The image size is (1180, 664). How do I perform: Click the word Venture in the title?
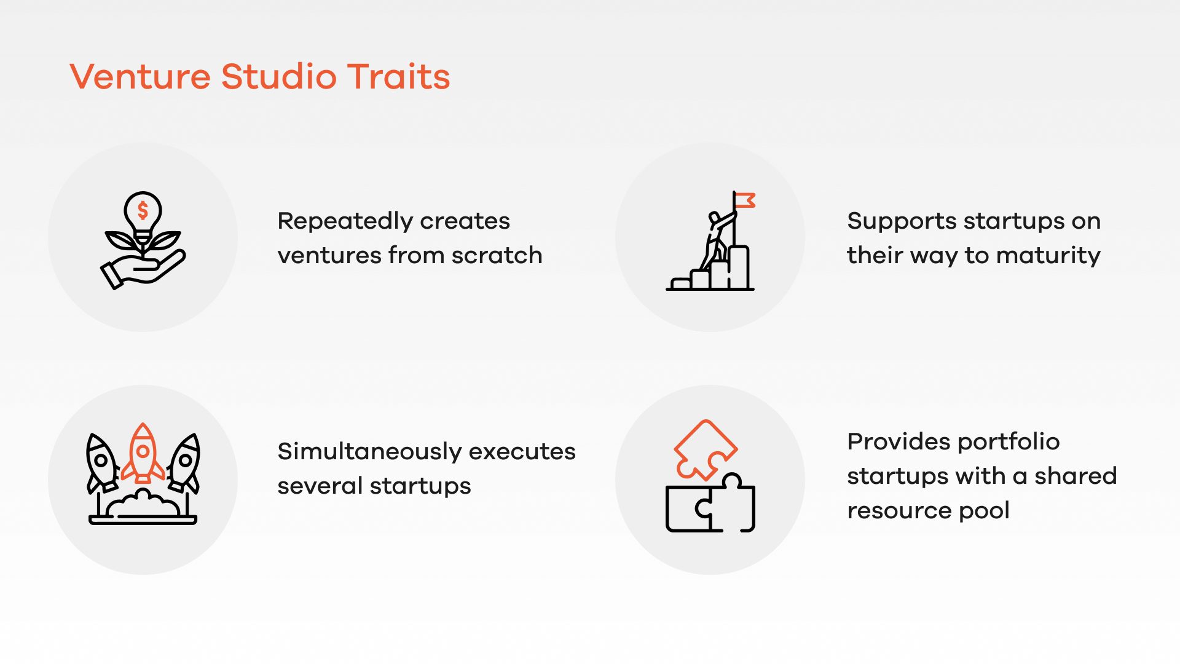point(140,77)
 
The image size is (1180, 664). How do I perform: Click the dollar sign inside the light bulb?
point(143,211)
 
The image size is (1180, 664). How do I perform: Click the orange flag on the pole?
point(745,200)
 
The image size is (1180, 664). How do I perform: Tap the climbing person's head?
point(714,218)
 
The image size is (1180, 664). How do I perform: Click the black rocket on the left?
point(101,462)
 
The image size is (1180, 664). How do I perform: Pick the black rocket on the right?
point(184,462)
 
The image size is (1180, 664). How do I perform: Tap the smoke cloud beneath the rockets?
point(143,504)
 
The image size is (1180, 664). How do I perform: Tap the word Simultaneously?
point(369,452)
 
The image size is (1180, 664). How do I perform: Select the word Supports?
point(894,221)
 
